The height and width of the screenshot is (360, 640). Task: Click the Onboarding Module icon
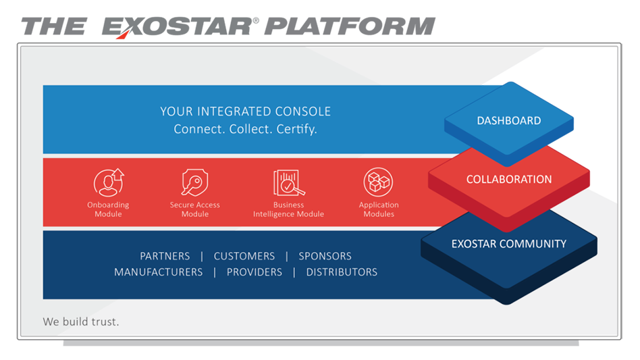(x=109, y=182)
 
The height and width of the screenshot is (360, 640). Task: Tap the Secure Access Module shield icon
(x=194, y=182)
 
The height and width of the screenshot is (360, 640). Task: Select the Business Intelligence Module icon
(x=288, y=182)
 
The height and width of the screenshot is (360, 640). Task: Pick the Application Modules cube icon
(x=378, y=182)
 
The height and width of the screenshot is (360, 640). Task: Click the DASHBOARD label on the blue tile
(x=509, y=121)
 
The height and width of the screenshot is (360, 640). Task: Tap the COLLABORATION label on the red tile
(x=509, y=180)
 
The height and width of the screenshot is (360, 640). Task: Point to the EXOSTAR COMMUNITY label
(x=509, y=244)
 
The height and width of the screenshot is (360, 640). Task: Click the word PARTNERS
(x=165, y=256)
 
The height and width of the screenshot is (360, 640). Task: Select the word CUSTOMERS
(x=244, y=256)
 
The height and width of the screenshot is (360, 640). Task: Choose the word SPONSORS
(x=325, y=256)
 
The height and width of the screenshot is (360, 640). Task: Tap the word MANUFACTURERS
(x=158, y=272)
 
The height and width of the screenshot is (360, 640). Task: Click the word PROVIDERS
(x=254, y=272)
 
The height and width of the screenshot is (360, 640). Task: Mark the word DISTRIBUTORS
(x=342, y=272)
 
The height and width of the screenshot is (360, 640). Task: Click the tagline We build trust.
(x=81, y=322)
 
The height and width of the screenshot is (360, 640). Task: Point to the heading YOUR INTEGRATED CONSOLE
(x=246, y=111)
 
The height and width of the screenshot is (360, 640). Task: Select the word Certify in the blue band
(x=296, y=128)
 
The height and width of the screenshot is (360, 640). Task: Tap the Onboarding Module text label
(x=108, y=209)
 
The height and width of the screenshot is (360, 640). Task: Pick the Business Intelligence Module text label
(x=288, y=209)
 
